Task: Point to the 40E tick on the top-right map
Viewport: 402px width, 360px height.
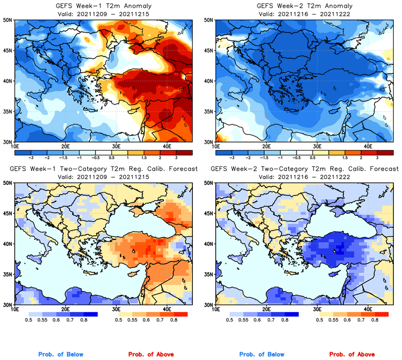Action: coord(367,146)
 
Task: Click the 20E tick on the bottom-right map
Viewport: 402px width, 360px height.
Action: coord(266,309)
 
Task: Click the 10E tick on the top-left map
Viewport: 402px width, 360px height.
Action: coord(15,146)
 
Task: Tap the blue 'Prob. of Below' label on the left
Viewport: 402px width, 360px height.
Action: coord(61,354)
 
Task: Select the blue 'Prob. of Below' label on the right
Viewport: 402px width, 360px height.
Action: coord(262,354)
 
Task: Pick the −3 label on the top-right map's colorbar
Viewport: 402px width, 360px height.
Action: coord(233,156)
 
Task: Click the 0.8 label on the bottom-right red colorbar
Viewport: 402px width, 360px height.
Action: coord(375,320)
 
